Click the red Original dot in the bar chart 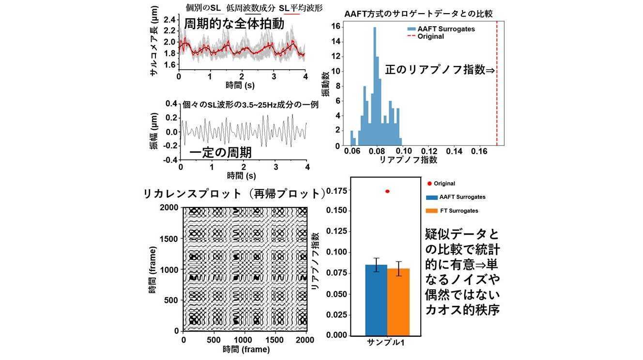point(387,191)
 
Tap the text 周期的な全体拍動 point(234,24)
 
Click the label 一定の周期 point(220,153)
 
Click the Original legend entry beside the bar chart point(441,184)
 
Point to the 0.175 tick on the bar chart point(337,191)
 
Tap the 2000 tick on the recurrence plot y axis point(170,208)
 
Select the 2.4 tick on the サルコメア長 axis point(169,19)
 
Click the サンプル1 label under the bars point(386,344)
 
